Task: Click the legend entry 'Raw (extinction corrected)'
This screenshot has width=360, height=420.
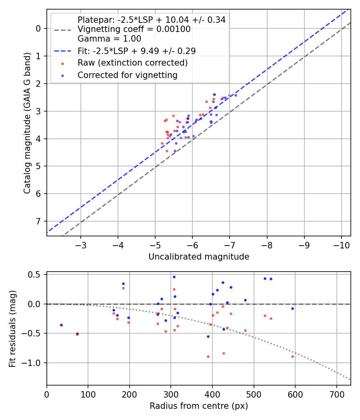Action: click(x=132, y=63)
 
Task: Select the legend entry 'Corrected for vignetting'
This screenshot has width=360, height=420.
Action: click(x=128, y=75)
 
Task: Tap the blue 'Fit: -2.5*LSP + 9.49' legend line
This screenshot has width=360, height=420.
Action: click(x=63, y=51)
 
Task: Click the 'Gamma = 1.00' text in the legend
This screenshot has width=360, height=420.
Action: click(x=109, y=39)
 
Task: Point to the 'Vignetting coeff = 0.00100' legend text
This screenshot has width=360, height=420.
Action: click(x=134, y=29)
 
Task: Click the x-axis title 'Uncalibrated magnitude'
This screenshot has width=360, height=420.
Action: click(x=199, y=257)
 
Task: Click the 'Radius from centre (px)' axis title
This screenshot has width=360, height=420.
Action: click(x=199, y=406)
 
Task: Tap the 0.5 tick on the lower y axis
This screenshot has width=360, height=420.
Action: click(x=37, y=274)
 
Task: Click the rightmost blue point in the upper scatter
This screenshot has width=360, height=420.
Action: click(x=236, y=95)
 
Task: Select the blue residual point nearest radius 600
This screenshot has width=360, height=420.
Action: click(x=292, y=308)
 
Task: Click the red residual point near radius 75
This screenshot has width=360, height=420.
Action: click(x=77, y=334)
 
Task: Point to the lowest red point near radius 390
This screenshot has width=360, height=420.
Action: click(x=208, y=356)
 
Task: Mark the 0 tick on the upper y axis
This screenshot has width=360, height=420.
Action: click(x=39, y=28)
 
